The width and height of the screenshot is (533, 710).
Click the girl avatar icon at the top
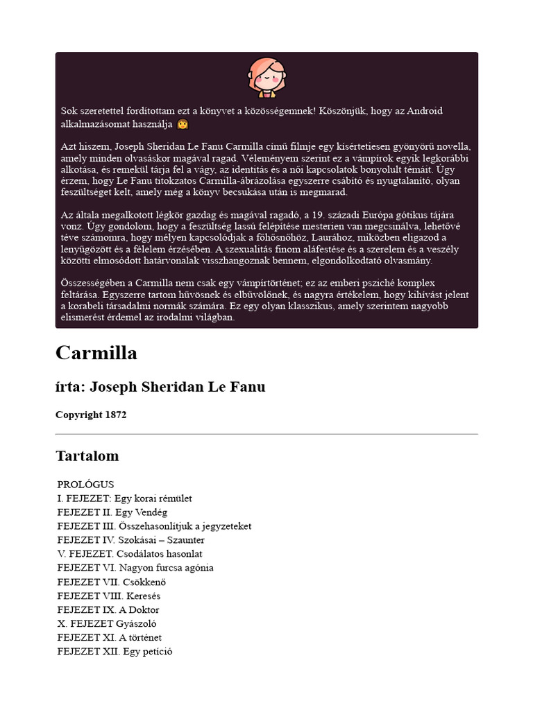(266, 77)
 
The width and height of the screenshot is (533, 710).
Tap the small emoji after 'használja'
(183, 125)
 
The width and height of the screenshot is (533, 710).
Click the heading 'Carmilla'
(96, 353)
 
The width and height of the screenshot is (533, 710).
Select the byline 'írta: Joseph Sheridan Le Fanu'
(160, 387)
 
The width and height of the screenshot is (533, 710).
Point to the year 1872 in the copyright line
(115, 415)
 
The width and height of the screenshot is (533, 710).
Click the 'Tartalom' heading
(87, 456)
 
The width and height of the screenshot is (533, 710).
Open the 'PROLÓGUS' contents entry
(85, 485)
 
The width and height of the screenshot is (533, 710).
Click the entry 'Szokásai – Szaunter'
(160, 540)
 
